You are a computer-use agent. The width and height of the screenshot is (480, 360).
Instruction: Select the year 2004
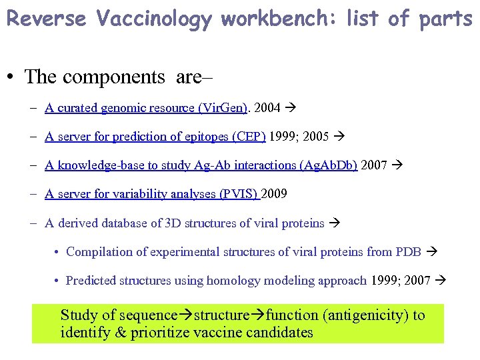pos(268,107)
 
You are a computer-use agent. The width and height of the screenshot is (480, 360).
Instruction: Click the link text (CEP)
pos(249,137)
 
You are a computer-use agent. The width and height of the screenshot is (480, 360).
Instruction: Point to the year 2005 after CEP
pos(315,137)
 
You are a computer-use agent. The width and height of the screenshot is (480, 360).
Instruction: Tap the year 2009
pos(274,194)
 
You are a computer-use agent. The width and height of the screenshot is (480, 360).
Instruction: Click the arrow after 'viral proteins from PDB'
pos(430,252)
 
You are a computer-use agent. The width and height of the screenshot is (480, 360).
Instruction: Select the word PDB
pos(408,252)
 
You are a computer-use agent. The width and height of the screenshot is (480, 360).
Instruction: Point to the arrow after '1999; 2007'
pos(439,281)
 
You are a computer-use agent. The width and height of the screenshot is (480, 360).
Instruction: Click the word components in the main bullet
pos(116,77)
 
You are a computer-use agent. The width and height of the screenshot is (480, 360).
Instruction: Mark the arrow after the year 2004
pos(290,107)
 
